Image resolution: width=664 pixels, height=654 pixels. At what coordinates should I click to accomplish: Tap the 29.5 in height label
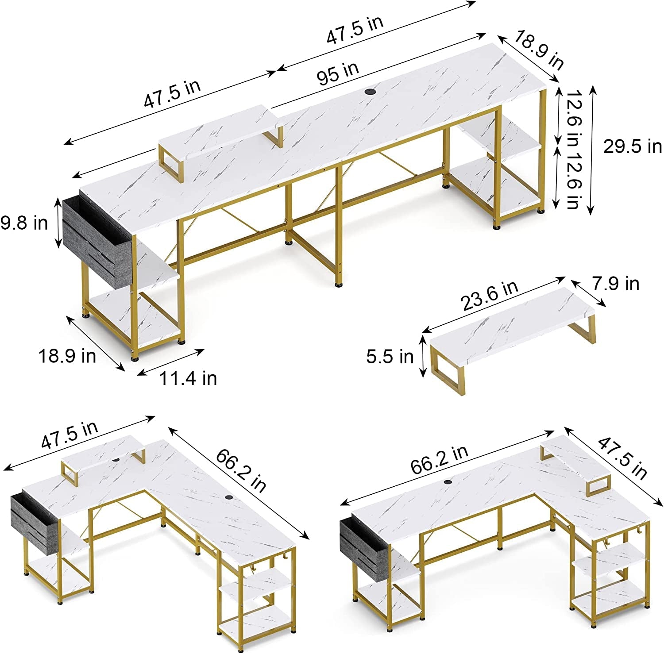coord(633,146)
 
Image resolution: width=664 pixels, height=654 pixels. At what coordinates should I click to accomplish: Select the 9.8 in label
coord(24,223)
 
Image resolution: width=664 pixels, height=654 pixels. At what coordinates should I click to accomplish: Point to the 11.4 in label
coord(188,378)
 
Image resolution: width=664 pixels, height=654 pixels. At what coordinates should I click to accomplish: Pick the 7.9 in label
coord(616,283)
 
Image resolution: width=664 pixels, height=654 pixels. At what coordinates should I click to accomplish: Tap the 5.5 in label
coord(390,356)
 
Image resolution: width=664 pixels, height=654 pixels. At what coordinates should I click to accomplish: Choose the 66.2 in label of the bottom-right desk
coord(439,460)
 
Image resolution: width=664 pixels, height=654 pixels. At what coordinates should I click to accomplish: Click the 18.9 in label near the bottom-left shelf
coord(67,356)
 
